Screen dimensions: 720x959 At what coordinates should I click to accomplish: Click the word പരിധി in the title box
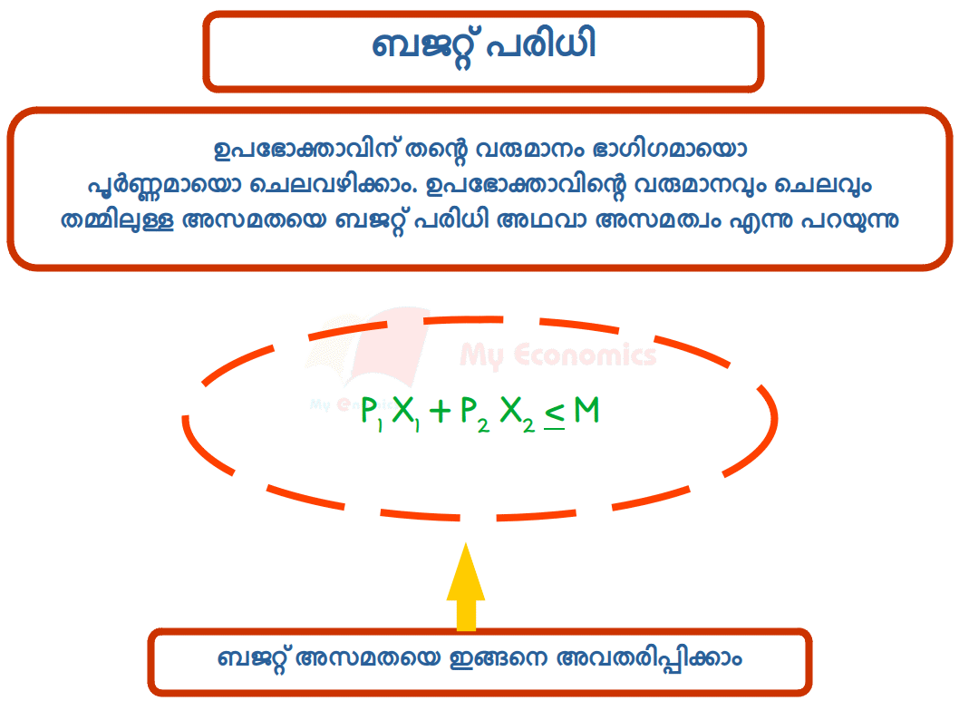pyautogui.click(x=541, y=46)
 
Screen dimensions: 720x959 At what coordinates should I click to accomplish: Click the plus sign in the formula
pyautogui.click(x=440, y=413)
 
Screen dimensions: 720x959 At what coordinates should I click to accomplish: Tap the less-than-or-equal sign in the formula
pyautogui.click(x=555, y=415)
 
